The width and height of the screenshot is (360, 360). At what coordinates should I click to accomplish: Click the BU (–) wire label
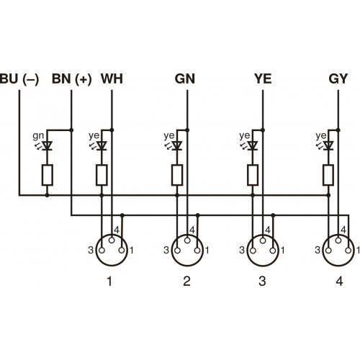pos(21,78)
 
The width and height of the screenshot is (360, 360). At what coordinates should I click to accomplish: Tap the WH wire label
pos(112,78)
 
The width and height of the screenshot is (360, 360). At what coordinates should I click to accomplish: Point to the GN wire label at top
pos(186,78)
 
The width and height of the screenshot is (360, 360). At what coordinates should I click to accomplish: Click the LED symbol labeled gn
pos(47,146)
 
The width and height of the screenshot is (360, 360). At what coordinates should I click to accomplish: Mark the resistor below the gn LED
pos(47,174)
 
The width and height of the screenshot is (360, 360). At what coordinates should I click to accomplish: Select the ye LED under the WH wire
pos(102,146)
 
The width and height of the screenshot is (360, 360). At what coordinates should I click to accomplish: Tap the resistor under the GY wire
pos(328,174)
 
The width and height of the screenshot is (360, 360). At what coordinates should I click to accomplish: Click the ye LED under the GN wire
pos(177,146)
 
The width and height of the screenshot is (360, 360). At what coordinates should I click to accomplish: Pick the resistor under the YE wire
pos(253,174)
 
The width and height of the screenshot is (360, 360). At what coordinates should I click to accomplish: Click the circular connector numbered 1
pos(110,249)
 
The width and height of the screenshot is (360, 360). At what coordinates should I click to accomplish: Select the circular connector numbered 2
pos(186,249)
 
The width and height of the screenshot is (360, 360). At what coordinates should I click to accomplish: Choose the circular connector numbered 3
pos(261,249)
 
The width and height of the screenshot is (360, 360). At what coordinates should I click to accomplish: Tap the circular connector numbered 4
pos(337,249)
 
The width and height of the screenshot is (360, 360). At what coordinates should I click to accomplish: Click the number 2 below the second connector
pos(186,281)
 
